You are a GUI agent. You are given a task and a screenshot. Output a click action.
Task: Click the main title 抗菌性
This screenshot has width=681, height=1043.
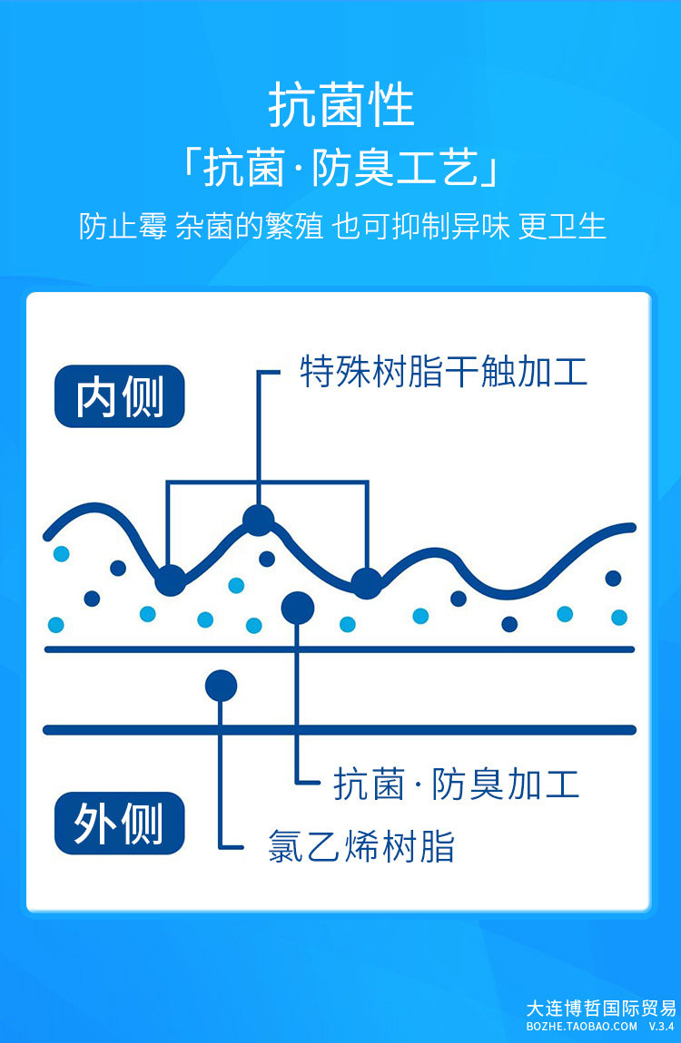click(340, 107)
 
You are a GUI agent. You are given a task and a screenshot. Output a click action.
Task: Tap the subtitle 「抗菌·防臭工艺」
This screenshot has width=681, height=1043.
click(340, 169)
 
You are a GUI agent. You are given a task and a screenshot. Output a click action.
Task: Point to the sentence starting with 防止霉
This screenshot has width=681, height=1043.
click(340, 226)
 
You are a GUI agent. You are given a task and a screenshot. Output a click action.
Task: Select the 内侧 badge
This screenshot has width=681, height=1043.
click(119, 396)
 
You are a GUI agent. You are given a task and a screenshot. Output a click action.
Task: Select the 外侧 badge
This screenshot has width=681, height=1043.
click(119, 824)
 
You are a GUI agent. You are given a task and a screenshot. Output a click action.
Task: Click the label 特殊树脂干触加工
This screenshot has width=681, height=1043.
click(443, 372)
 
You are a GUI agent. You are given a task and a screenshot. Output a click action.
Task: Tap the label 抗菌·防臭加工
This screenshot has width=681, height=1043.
click(456, 784)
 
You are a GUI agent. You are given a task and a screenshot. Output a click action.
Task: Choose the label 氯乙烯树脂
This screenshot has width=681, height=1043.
click(360, 846)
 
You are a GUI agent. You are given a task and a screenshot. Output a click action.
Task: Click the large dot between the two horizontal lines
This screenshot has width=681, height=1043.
click(221, 686)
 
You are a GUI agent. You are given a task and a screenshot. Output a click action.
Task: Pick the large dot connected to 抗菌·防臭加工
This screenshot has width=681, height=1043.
click(297, 607)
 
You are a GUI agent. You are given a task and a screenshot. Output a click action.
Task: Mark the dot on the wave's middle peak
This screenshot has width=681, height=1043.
click(258, 520)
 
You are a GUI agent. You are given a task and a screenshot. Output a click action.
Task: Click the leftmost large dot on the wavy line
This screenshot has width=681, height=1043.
click(170, 580)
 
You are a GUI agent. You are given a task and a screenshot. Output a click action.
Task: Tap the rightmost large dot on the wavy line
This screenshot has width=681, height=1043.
click(366, 583)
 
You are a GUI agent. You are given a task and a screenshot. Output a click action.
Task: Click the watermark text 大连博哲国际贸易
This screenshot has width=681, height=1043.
click(601, 1008)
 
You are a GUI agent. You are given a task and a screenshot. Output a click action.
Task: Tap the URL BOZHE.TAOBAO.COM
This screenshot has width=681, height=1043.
click(582, 1026)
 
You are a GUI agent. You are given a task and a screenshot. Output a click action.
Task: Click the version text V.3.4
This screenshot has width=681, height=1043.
click(661, 1026)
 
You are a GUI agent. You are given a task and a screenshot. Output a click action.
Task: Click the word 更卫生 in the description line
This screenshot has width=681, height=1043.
click(562, 226)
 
